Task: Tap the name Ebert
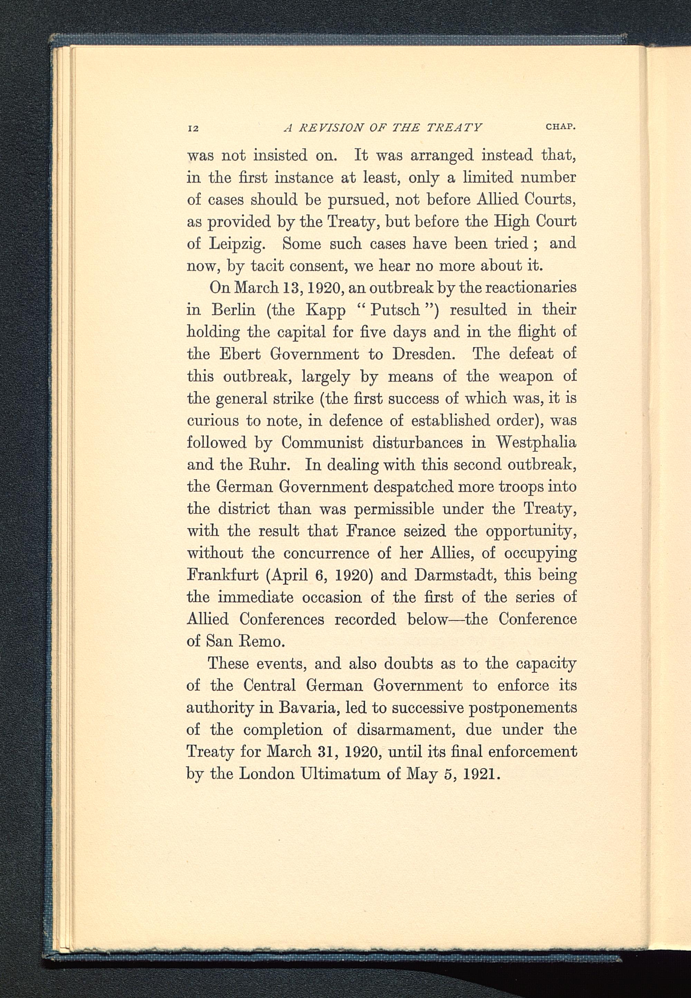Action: [240, 354]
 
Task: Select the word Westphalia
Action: [536, 442]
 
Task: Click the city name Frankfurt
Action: [223, 575]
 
